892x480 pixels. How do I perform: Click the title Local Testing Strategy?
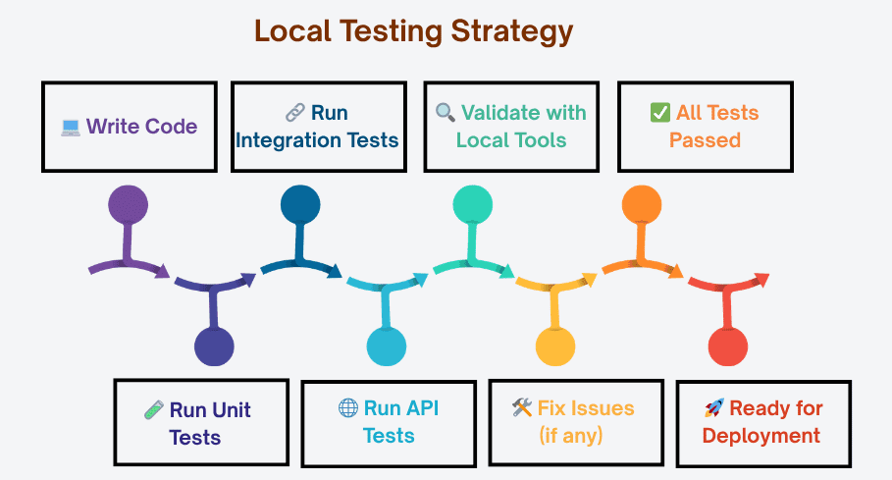pyautogui.click(x=413, y=31)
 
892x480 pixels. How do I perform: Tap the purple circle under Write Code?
pyautogui.click(x=128, y=204)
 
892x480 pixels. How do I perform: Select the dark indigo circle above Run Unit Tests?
pyautogui.click(x=214, y=347)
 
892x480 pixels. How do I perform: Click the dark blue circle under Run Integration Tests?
pyautogui.click(x=300, y=204)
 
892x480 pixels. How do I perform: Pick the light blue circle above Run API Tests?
pyautogui.click(x=387, y=347)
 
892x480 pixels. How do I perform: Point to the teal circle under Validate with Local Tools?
pyautogui.click(x=473, y=204)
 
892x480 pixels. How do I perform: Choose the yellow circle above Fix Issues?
pyautogui.click(x=555, y=347)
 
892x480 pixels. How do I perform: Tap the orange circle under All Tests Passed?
pyautogui.click(x=643, y=204)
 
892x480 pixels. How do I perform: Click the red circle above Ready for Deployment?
pyautogui.click(x=728, y=347)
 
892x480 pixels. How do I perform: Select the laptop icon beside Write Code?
pyautogui.click(x=71, y=127)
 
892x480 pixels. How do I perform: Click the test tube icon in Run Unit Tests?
pyautogui.click(x=153, y=410)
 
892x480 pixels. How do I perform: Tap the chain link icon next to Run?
pyautogui.click(x=294, y=113)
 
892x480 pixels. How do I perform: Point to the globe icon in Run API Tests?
pyautogui.click(x=347, y=408)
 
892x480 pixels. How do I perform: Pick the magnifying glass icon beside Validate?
pyautogui.click(x=446, y=113)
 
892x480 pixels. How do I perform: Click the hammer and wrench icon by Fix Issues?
pyautogui.click(x=522, y=408)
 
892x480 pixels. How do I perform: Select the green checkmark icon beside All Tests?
pyautogui.click(x=660, y=113)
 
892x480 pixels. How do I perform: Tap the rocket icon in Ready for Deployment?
pyautogui.click(x=714, y=408)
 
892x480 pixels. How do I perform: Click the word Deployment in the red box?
pyautogui.click(x=761, y=435)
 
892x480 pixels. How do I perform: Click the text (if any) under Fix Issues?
pyautogui.click(x=572, y=435)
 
